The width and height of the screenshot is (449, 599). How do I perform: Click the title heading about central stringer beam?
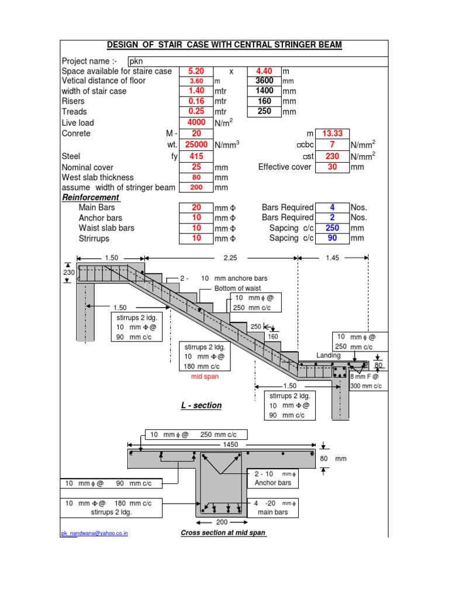coord(224,46)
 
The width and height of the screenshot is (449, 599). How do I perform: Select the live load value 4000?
coord(196,123)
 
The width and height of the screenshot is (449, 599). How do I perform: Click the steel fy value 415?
coord(196,156)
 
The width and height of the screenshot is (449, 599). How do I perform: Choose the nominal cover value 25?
coord(196,167)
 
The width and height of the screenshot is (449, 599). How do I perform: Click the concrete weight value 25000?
coord(196,144)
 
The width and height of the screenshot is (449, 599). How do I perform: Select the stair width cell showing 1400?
coord(264,91)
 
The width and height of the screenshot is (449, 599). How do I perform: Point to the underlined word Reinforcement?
coord(91,198)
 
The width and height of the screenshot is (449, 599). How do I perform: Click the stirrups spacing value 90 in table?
coord(331,238)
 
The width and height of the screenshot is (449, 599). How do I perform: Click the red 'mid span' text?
coord(205,377)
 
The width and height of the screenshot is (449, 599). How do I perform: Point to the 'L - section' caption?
coord(202,405)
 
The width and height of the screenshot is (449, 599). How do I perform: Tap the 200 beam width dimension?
coord(222,522)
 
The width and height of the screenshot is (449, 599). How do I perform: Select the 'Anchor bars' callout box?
coord(273,478)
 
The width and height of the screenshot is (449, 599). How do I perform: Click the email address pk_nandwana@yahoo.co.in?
coord(95,533)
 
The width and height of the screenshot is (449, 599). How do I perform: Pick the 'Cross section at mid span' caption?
coord(223,533)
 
